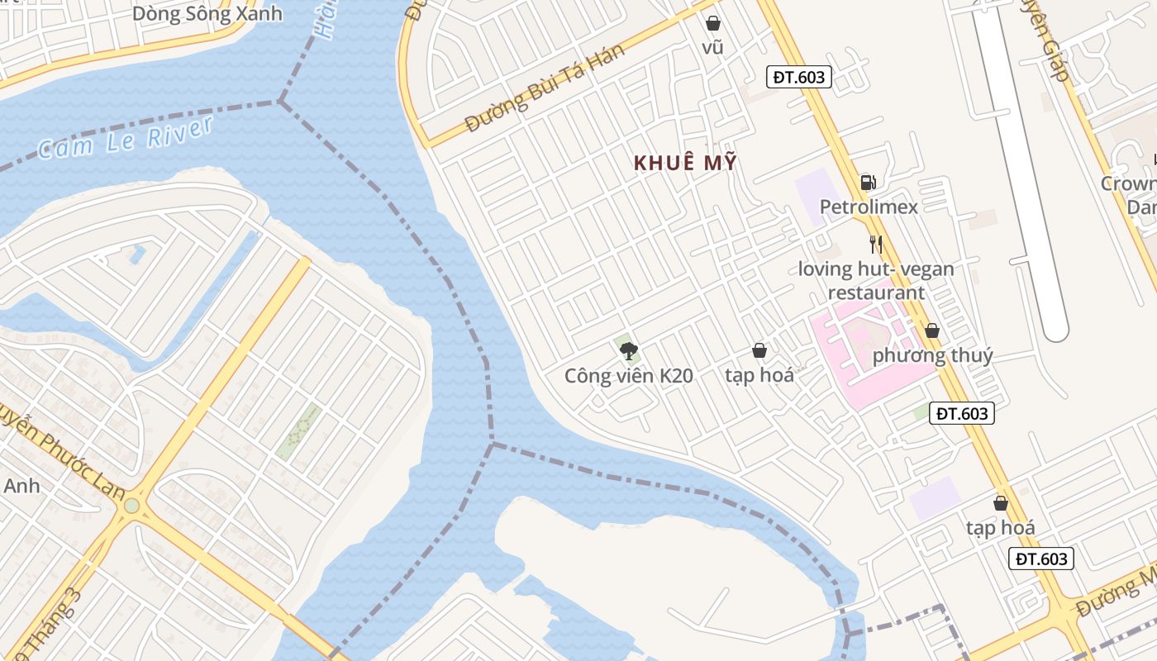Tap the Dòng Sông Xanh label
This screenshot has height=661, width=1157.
tap(207, 13)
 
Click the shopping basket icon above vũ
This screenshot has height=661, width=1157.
tap(712, 23)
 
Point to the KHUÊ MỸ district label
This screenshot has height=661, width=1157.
tap(685, 163)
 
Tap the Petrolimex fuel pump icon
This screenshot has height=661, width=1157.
tap(868, 182)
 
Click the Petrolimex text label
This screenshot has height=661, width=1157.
tap(869, 207)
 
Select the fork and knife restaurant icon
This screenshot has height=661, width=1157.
tap(876, 244)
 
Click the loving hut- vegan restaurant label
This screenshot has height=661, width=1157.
tap(876, 281)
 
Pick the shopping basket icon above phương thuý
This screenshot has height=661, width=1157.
tap(932, 330)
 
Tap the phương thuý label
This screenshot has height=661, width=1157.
tap(932, 356)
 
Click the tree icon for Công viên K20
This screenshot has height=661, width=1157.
tap(628, 351)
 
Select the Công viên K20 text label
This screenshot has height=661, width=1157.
tap(628, 376)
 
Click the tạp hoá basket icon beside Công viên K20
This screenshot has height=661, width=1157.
tap(759, 351)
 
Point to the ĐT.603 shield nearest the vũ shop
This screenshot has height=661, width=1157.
tap(798, 77)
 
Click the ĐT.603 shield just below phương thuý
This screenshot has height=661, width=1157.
tap(962, 413)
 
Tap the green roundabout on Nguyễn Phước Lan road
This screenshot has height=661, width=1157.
tap(131, 505)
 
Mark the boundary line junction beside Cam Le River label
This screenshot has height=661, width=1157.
tap(281, 102)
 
